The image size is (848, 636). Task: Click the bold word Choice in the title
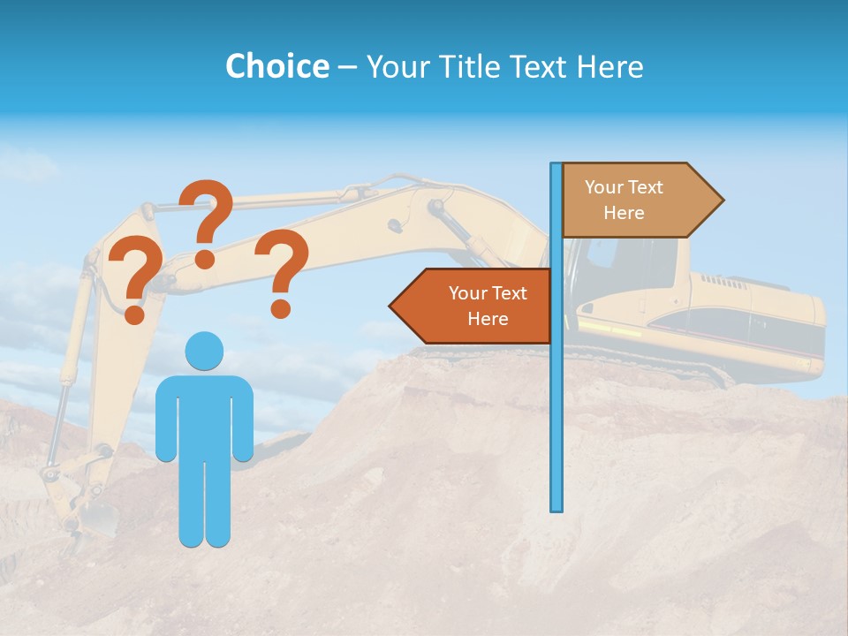click(x=276, y=66)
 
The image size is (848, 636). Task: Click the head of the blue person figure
click(x=204, y=352)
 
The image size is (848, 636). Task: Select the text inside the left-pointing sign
click(x=488, y=306)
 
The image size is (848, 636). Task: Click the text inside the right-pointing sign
click(x=624, y=200)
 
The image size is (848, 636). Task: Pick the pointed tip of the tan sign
click(x=722, y=200)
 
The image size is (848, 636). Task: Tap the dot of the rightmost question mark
click(x=281, y=309)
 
